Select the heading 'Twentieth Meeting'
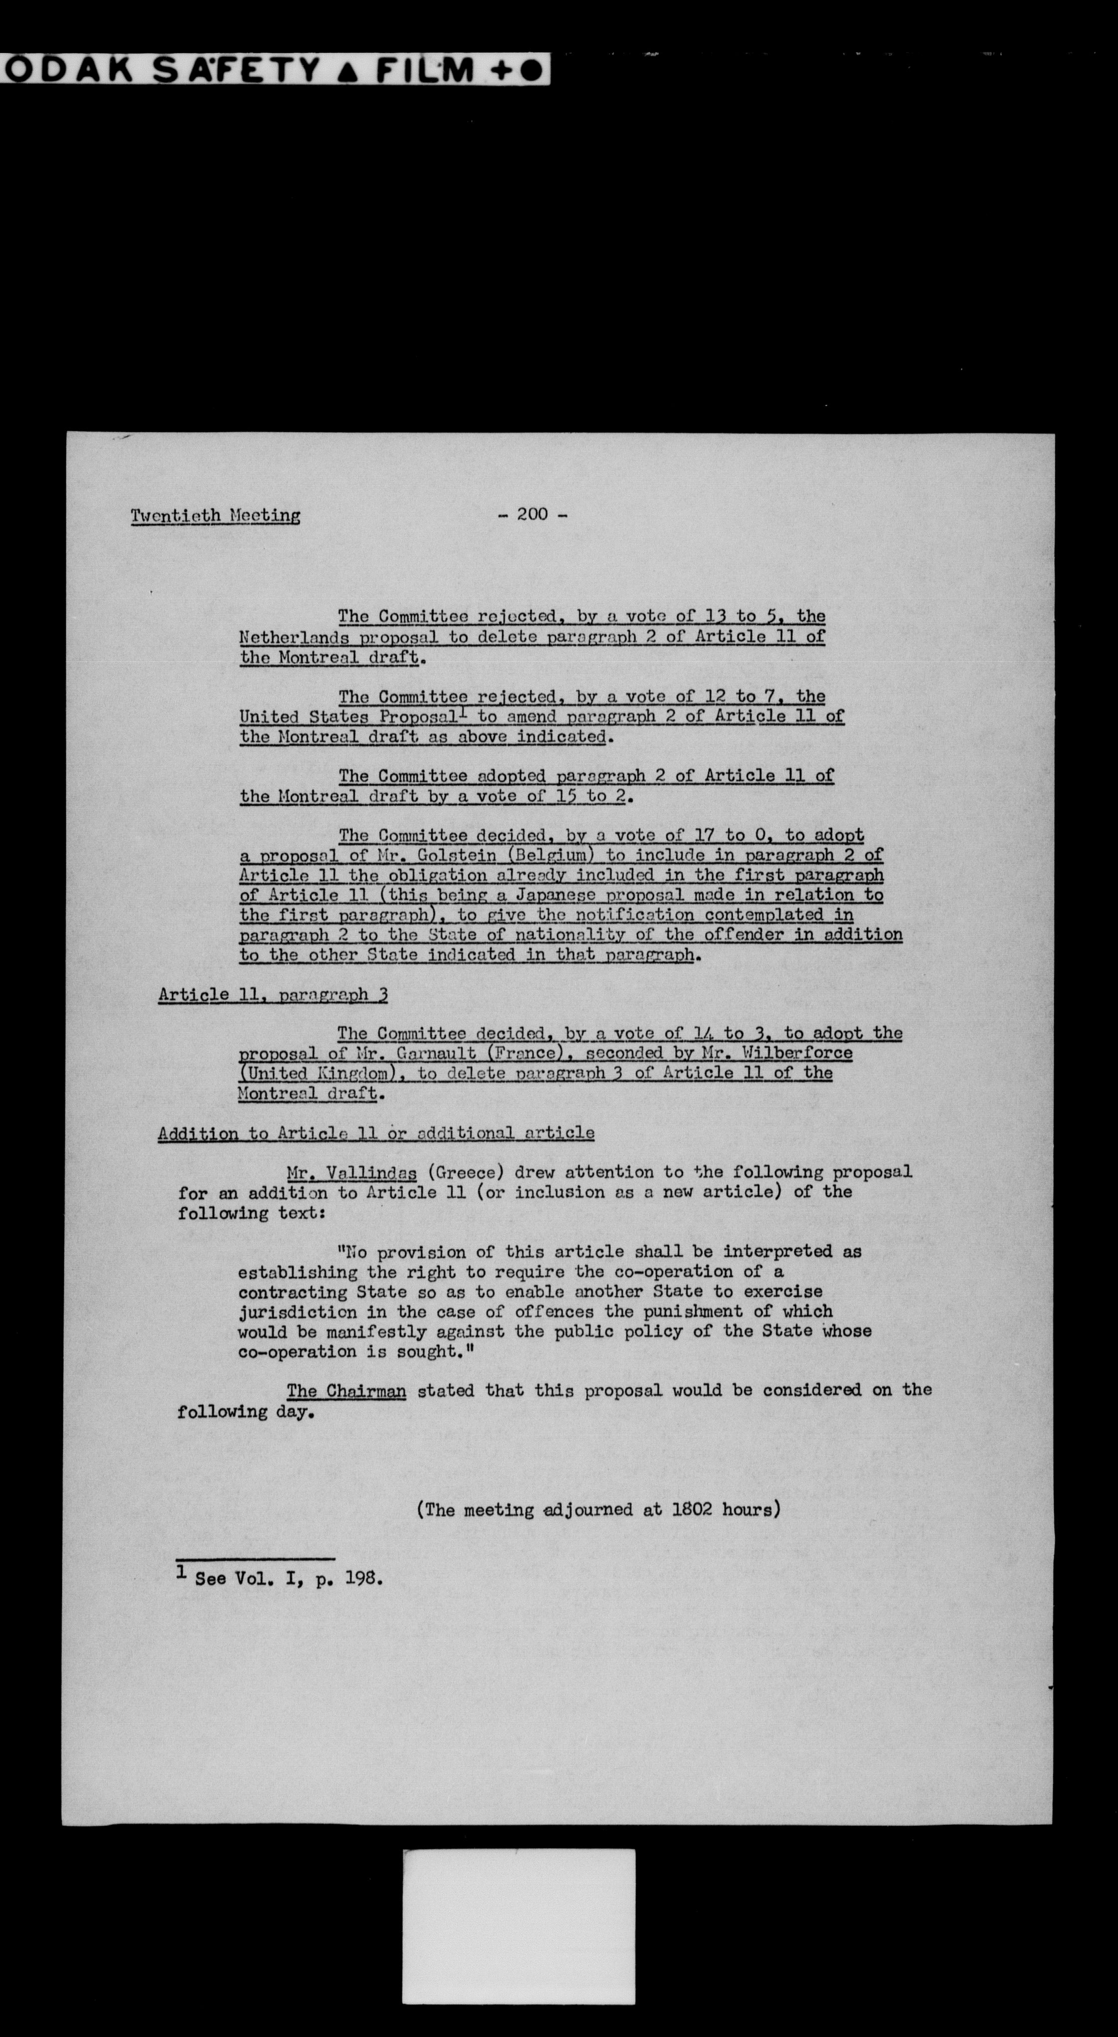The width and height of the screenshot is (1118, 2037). [x=215, y=516]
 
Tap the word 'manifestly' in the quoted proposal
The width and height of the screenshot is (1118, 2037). [x=358, y=1332]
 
